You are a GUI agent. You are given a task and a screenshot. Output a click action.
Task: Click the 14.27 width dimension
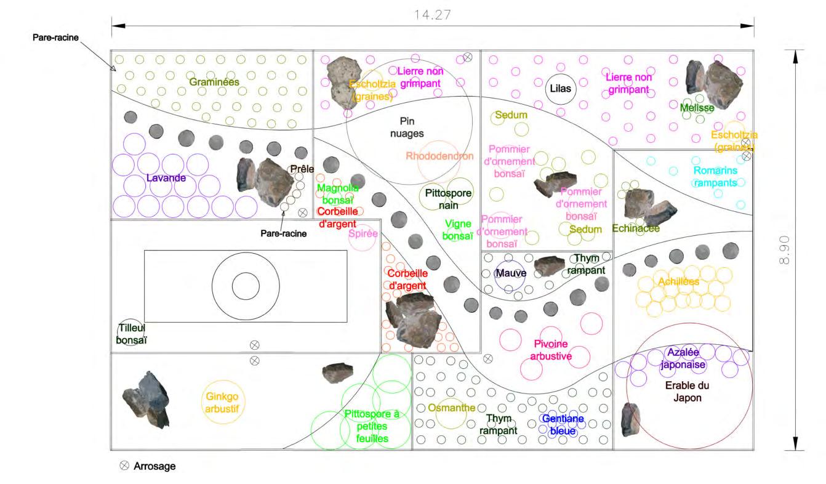point(433,15)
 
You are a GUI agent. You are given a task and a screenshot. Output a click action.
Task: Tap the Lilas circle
point(560,88)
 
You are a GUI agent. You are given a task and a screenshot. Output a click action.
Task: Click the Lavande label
point(166,178)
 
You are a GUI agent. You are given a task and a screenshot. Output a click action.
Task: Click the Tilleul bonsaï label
point(132,334)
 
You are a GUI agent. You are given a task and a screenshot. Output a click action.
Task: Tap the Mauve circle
point(510,273)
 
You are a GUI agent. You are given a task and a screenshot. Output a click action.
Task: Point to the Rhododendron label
point(439,156)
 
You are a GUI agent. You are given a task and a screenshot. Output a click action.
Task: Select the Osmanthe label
point(451,408)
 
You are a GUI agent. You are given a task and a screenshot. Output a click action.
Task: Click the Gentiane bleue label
point(558,425)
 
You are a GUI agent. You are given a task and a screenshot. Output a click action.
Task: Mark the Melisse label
point(697,108)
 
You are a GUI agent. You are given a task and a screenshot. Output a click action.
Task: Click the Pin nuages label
point(407,127)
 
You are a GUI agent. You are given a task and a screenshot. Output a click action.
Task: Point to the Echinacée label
point(636,228)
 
